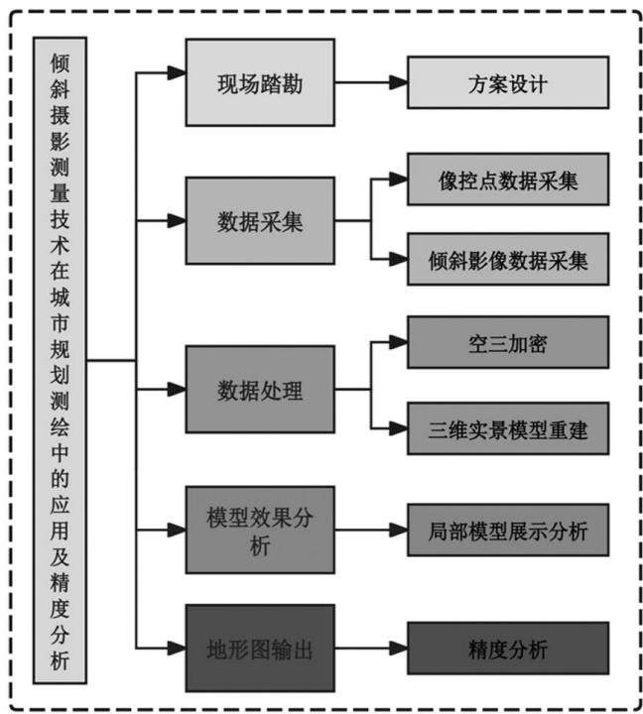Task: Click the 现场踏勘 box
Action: coord(260,82)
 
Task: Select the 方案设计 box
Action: coord(508,82)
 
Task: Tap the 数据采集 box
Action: coord(260,221)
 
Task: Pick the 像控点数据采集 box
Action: coord(508,179)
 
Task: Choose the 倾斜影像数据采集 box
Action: coord(508,259)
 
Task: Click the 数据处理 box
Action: coord(260,390)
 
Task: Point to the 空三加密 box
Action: coord(508,342)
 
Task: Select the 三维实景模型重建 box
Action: coord(508,428)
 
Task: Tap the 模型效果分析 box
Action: coord(260,530)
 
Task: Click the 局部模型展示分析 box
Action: coord(508,530)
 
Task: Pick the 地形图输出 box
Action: coord(260,648)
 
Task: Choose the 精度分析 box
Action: coord(508,648)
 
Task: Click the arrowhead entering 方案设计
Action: coord(399,82)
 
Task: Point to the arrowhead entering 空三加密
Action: coord(399,342)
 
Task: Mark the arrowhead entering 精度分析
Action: coord(399,648)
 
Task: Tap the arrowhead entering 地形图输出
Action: coord(177,648)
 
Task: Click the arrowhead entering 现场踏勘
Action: coord(177,72)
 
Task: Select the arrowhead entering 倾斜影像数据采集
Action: coord(399,259)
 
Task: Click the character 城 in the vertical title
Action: coord(60,297)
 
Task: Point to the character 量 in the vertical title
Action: coord(60,192)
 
